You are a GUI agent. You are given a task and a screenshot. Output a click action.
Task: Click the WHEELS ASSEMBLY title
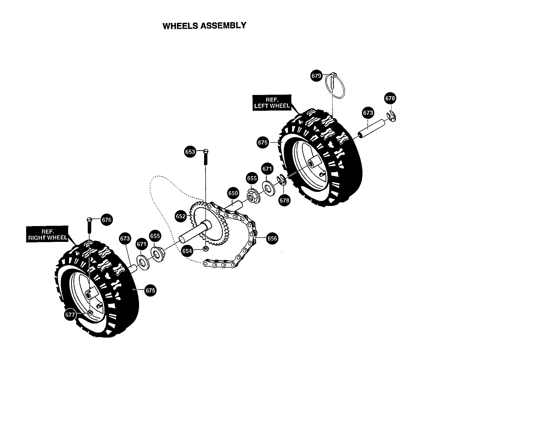click(x=204, y=26)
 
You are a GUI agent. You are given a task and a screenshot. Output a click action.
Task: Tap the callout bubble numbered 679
click(x=316, y=76)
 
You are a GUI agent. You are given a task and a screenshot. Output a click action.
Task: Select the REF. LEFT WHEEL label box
click(x=272, y=103)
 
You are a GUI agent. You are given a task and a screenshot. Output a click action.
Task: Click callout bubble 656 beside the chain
click(x=272, y=239)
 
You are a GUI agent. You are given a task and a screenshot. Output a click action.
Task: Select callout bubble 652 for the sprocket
click(x=180, y=217)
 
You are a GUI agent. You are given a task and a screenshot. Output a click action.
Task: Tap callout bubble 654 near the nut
click(x=187, y=251)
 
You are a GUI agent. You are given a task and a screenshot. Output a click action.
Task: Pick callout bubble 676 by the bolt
click(x=106, y=220)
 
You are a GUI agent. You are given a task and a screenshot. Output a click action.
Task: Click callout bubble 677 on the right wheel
click(x=70, y=315)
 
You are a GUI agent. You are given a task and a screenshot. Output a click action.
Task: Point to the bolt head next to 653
click(x=206, y=151)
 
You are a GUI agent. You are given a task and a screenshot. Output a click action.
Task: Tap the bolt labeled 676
click(x=89, y=225)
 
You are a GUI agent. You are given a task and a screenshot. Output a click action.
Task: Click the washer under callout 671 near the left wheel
click(x=267, y=188)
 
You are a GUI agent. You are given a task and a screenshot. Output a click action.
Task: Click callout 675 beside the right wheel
click(x=150, y=290)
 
